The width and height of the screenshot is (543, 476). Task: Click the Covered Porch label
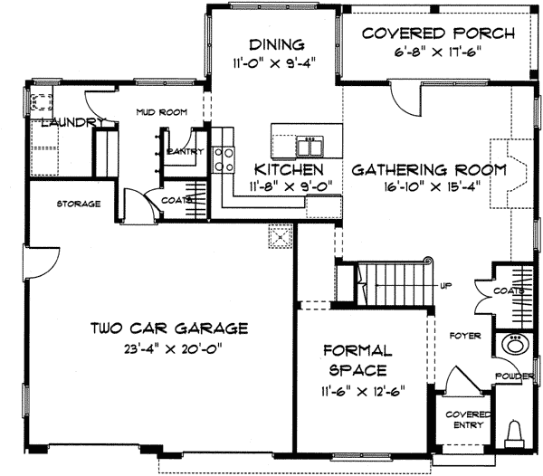[x=438, y=33]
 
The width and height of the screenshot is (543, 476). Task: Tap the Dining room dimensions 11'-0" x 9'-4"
[x=275, y=63]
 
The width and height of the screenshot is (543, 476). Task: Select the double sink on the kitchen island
[x=310, y=146]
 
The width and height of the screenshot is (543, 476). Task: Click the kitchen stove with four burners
[x=224, y=159]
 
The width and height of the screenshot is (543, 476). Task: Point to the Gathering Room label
[x=429, y=170]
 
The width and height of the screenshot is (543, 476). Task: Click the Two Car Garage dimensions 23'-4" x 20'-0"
[x=173, y=347]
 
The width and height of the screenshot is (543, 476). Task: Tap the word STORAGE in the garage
[x=79, y=204]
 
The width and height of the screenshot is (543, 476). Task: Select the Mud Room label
[x=162, y=112]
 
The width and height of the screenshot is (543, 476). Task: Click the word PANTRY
[x=185, y=151]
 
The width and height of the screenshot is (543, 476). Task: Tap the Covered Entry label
[x=468, y=420]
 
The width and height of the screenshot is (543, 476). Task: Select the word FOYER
[x=465, y=336]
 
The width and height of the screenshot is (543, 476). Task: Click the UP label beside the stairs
[x=445, y=286]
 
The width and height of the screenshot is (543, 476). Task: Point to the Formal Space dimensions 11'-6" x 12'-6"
[x=363, y=392]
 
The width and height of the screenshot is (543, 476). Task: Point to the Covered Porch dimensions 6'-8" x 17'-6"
[x=438, y=52]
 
